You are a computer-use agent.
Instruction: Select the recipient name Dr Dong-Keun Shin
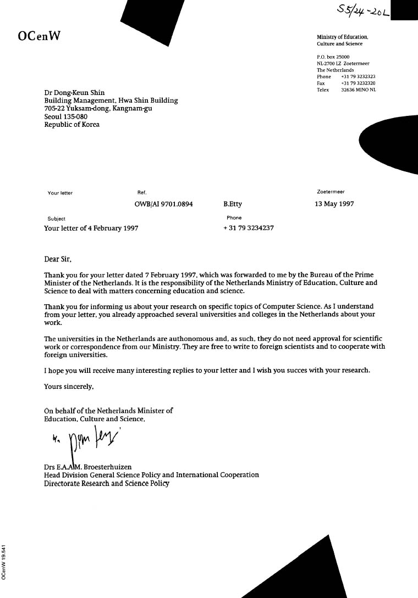tap(74, 93)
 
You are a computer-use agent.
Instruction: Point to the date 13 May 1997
tap(334, 204)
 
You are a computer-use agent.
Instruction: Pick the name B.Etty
tap(233, 204)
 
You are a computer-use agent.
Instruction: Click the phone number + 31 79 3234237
tap(249, 228)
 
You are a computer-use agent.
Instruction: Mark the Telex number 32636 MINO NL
tap(358, 90)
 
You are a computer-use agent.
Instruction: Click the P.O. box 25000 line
tap(333, 57)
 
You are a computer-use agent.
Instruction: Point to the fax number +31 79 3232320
tap(358, 83)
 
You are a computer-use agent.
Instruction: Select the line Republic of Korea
tap(72, 124)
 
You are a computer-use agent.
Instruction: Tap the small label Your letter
tap(60, 193)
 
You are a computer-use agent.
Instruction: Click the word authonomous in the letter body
tap(158, 339)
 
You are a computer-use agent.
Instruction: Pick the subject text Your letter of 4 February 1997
tap(91, 228)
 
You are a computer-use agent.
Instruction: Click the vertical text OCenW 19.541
tap(4, 562)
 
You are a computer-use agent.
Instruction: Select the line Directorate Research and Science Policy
tap(107, 484)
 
